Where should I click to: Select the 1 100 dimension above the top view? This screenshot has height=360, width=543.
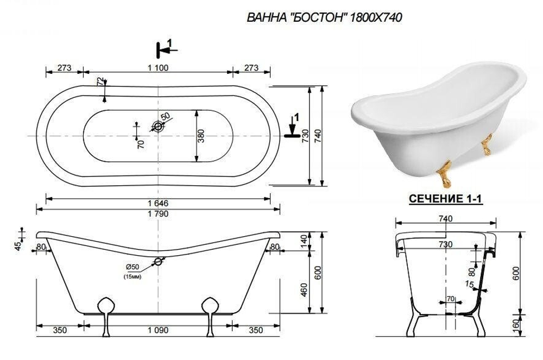(x=159, y=68)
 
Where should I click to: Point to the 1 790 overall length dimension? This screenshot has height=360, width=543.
(x=158, y=213)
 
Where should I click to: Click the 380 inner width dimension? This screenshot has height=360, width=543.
(x=201, y=135)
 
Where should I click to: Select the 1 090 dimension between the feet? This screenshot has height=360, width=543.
(x=158, y=330)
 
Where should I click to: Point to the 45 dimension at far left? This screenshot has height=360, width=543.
(x=18, y=246)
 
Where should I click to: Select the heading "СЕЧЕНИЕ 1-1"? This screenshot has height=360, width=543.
(x=445, y=199)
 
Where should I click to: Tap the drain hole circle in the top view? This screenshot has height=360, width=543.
(x=159, y=126)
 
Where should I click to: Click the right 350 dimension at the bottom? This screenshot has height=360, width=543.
(x=256, y=330)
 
